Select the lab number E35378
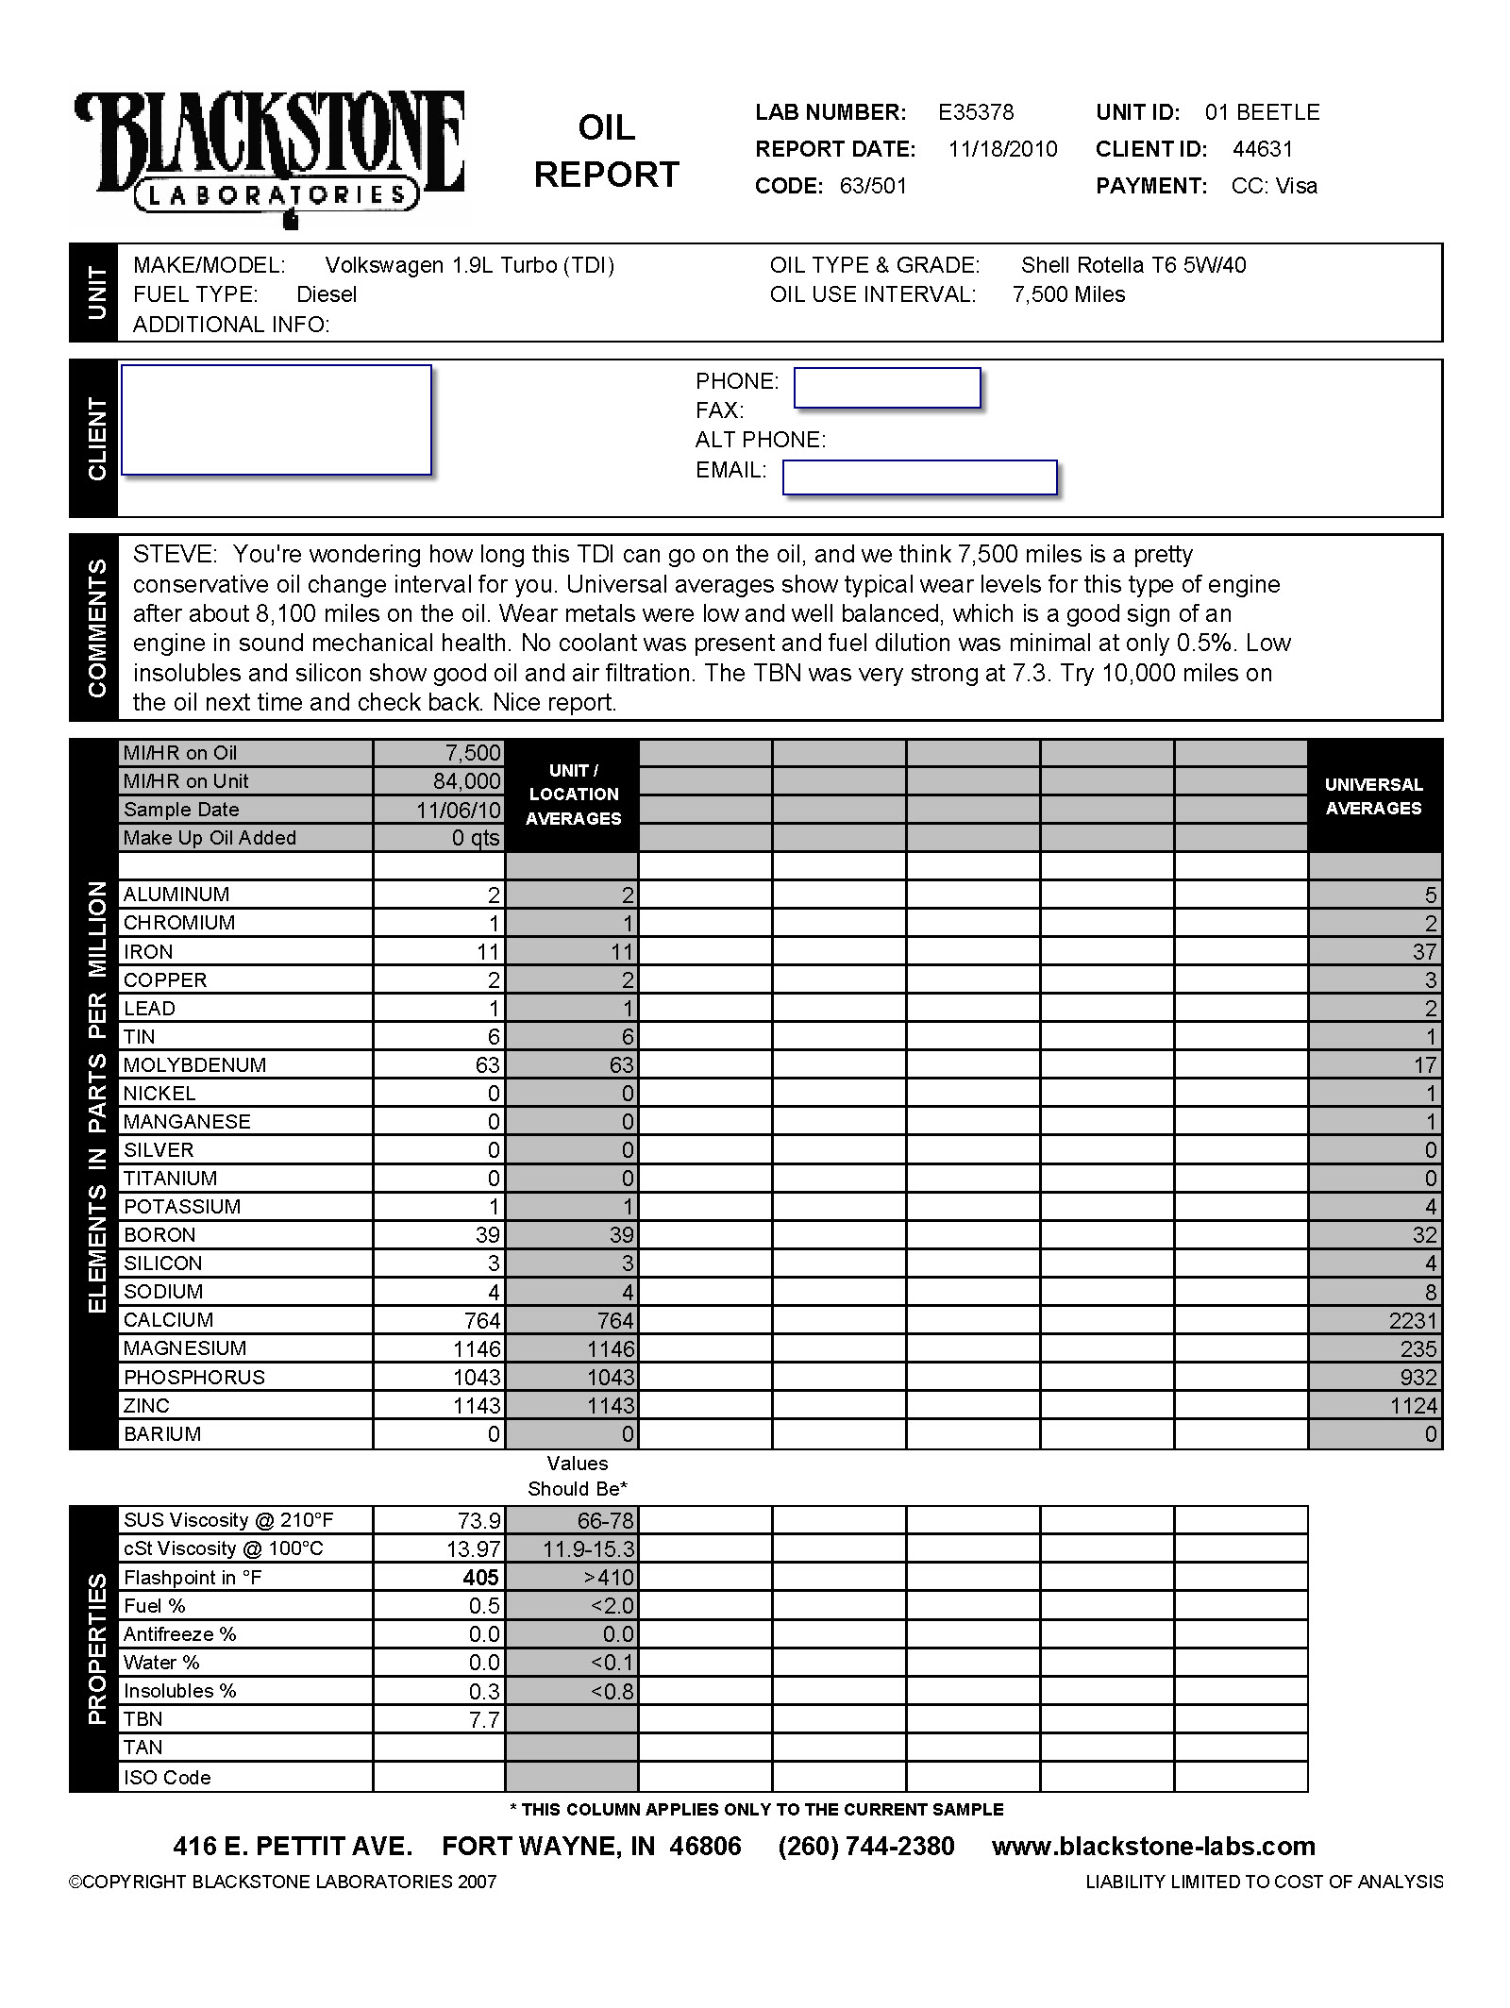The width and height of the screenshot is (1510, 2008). (x=976, y=112)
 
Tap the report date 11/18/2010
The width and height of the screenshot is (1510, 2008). (x=1002, y=149)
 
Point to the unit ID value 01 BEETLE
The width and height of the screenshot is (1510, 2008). (x=1262, y=112)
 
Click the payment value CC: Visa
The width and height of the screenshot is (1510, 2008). (x=1273, y=186)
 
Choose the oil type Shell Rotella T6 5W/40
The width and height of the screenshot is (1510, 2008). (x=1132, y=265)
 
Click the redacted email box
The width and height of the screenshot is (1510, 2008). (x=919, y=477)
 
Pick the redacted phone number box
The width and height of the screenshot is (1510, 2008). (x=887, y=388)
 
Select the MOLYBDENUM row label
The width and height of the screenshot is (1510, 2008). (x=194, y=1065)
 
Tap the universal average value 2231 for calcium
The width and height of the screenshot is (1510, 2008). (x=1412, y=1321)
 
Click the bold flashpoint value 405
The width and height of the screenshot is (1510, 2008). (x=480, y=1578)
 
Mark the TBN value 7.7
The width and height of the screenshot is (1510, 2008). (x=483, y=1720)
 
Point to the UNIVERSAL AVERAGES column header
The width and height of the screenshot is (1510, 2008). (x=1373, y=796)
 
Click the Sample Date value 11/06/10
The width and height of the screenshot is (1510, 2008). (x=458, y=810)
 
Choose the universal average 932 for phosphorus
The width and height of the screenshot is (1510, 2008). (x=1418, y=1378)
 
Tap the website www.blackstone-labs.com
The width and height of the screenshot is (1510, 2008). (x=1153, y=1847)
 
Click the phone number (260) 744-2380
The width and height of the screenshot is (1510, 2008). (x=865, y=1847)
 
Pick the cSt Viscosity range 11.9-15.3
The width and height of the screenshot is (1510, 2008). (x=588, y=1549)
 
